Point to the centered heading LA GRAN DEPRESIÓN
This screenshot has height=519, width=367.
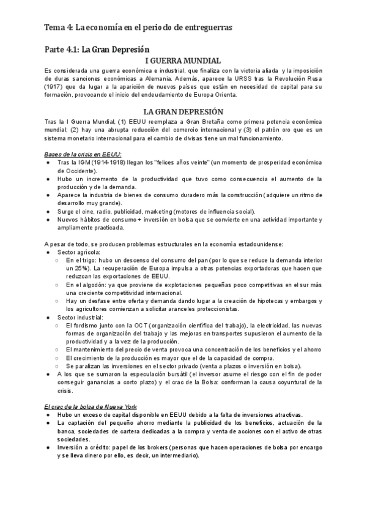click(x=183, y=112)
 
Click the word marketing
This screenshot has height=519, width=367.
click(x=147, y=211)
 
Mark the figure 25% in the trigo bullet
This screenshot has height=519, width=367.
click(x=83, y=269)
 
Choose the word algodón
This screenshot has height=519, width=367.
click(x=94, y=285)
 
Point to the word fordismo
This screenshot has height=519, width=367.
click(x=89, y=326)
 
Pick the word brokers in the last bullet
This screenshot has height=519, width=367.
click(x=154, y=430)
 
